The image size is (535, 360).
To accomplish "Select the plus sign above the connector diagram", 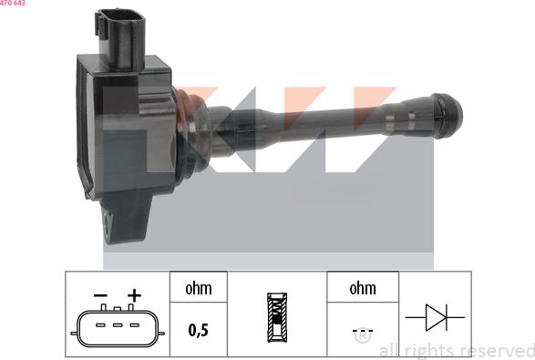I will tap(134, 295).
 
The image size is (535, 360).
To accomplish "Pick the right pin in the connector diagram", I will tap(133, 325).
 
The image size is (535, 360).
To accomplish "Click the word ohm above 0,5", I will tap(198, 289).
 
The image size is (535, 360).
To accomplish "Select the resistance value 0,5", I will tap(198, 331).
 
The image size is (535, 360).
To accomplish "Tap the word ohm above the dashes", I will tap(363, 289).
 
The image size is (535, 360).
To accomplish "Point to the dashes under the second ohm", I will tap(363, 331).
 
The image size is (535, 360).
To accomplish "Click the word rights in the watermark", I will tap(427, 351).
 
